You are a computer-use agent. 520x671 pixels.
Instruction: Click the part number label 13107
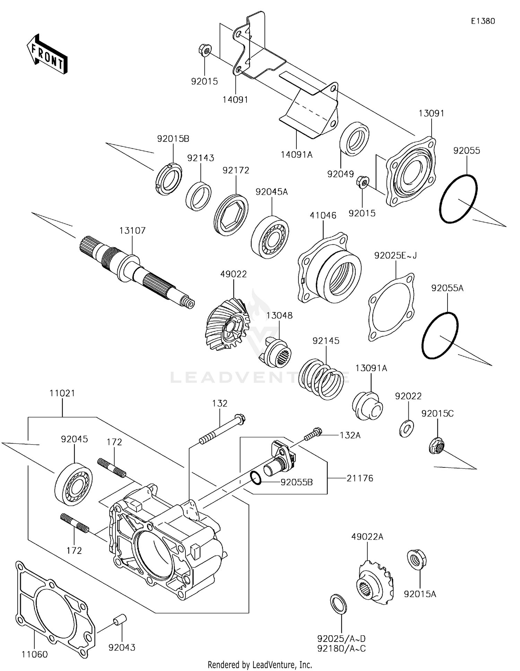point(132,231)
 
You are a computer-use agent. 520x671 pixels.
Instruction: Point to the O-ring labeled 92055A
point(440,335)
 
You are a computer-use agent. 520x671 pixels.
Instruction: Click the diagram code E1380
point(483,21)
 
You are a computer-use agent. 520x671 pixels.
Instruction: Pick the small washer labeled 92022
point(406,428)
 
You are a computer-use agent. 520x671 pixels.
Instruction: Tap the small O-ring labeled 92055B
point(256,478)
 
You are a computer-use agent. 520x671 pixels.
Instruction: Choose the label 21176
point(360,478)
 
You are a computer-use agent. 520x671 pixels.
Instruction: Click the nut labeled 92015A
point(416,560)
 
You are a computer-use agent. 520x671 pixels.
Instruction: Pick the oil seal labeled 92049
point(354,139)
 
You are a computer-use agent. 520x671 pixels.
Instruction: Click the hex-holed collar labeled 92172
point(231,215)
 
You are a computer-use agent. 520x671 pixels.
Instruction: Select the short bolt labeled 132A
point(313,434)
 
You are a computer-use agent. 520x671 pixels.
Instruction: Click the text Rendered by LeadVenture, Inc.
point(260,665)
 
